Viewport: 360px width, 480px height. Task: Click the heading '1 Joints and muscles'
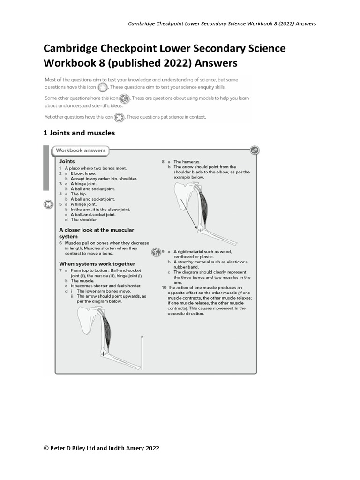(x=79, y=133)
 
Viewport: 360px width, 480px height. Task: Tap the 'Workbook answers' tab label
(x=81, y=150)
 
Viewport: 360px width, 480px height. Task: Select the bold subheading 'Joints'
(x=67, y=161)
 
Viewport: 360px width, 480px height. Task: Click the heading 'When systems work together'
(x=97, y=263)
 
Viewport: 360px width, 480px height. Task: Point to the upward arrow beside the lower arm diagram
(x=142, y=352)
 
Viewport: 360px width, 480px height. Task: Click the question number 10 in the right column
(x=164, y=287)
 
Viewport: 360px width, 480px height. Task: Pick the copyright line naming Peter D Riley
(x=101, y=448)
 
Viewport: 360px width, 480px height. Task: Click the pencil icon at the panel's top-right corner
(x=254, y=150)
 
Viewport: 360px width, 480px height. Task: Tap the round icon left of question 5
(x=48, y=204)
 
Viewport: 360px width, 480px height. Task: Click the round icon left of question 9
(x=156, y=252)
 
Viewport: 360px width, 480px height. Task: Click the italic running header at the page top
(x=222, y=23)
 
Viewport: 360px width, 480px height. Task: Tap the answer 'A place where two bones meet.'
(x=96, y=168)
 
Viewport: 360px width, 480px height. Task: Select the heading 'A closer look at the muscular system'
(x=96, y=233)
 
